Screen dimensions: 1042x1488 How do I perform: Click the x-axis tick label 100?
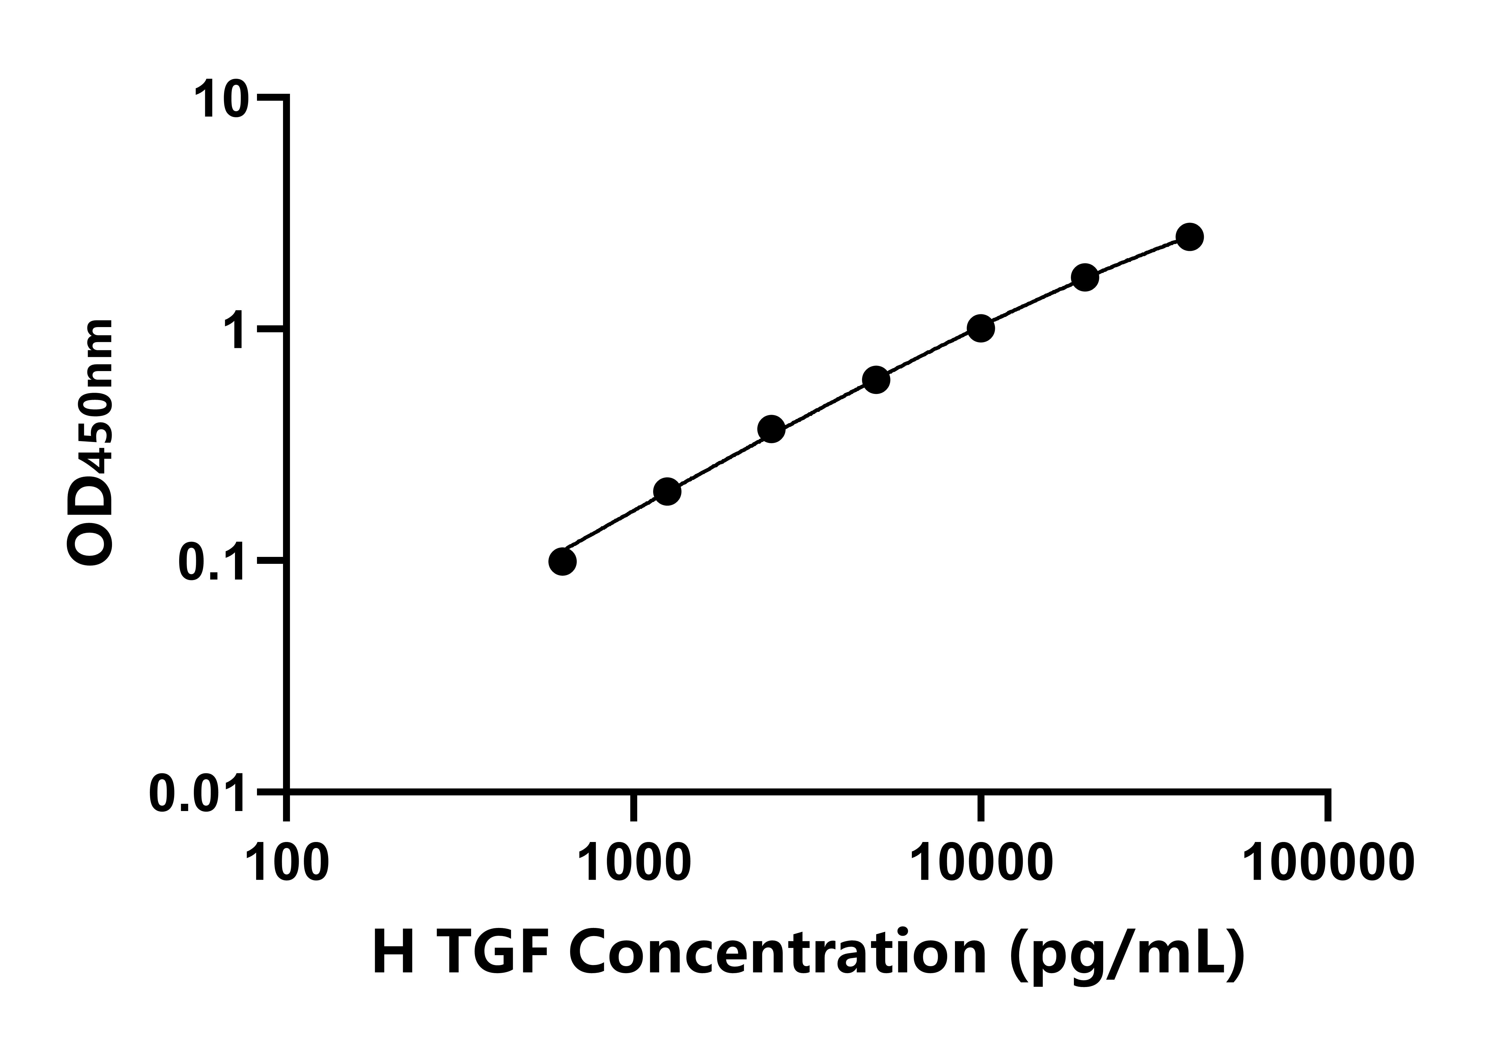287,863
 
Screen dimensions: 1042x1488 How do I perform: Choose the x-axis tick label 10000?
980,863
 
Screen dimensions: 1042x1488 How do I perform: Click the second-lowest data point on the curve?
667,491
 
